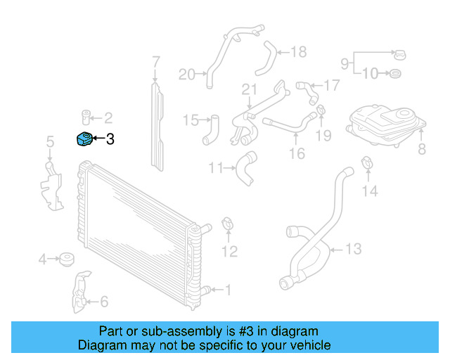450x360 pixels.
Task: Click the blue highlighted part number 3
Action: point(84,139)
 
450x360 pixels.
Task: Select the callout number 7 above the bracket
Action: point(156,65)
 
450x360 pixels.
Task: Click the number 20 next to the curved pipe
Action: point(186,74)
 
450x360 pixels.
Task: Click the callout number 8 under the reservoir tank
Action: point(422,148)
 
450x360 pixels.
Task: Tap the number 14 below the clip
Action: point(370,191)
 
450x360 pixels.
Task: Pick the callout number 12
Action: point(230,251)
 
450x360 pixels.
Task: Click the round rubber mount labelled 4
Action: point(67,259)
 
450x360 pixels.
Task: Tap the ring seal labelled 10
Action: point(395,72)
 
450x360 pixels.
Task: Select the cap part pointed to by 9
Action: point(399,53)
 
